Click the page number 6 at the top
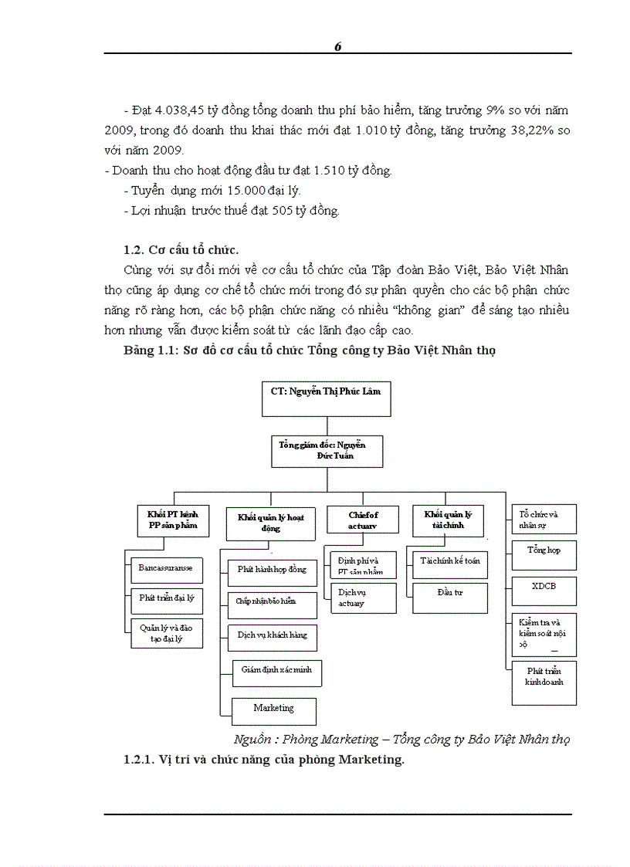[x=337, y=46]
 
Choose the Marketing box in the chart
[x=273, y=708]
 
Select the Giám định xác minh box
[x=276, y=671]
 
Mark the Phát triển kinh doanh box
[x=544, y=682]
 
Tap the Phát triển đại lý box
[x=165, y=598]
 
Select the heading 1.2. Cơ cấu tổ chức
[x=181, y=249]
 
